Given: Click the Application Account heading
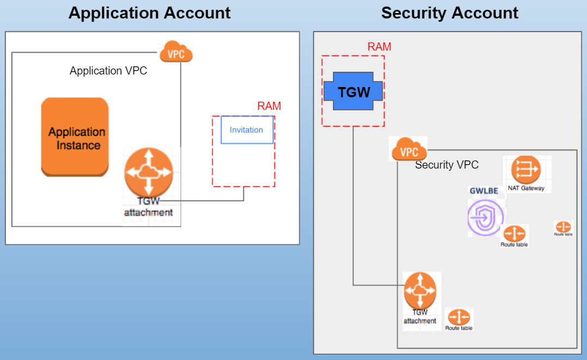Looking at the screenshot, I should pos(150,13).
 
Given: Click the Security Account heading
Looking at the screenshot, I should pos(449,13).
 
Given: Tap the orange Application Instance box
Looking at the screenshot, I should pos(75,137).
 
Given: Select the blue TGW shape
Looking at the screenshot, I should pos(354,91).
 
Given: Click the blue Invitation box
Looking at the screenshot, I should pos(247,130).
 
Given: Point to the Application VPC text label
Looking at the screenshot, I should pos(108,71).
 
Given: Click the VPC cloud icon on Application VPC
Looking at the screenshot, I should pos(176,53).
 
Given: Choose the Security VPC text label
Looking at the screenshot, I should pos(447,165).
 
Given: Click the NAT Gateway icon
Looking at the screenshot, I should pos(526,170).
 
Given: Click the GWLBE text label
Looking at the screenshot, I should pos(484,190).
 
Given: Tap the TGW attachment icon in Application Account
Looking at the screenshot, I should pos(149,173).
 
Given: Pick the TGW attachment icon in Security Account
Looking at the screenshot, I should pos(420,290).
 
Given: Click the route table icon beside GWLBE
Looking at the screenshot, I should pos(514,234).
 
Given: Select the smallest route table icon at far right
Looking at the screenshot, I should pos(563,227).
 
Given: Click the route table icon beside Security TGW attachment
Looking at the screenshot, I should pos(459,317).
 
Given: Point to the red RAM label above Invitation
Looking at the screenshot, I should pos(269,106).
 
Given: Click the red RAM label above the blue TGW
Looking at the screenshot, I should pos(379,47).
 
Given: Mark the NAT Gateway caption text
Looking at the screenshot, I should pos(526,188).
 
